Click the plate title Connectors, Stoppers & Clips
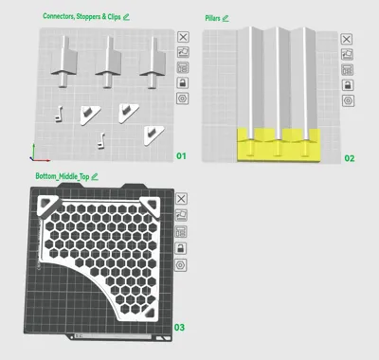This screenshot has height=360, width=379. point(81,16)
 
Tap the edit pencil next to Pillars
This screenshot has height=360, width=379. point(226,18)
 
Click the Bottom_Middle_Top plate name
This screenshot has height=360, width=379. point(63,176)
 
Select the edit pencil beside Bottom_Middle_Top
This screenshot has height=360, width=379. point(95,177)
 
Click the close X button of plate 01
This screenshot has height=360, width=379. point(183,37)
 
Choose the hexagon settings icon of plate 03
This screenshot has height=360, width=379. point(181,264)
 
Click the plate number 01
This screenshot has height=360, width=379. point(181,155)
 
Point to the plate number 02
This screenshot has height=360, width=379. point(350,158)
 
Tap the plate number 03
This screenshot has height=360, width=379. point(179,327)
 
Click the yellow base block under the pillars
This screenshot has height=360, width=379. point(279,146)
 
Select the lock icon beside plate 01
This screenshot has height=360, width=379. point(183,83)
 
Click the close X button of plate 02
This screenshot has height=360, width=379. point(347,39)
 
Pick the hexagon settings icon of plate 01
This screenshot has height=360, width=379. point(183,99)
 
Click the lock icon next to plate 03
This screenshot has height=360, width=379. point(181,248)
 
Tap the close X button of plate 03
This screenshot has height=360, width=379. point(181,199)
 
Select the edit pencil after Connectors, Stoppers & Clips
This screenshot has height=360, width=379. point(126,17)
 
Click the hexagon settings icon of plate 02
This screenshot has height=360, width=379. point(348,100)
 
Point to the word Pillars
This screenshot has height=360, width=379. point(212,18)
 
